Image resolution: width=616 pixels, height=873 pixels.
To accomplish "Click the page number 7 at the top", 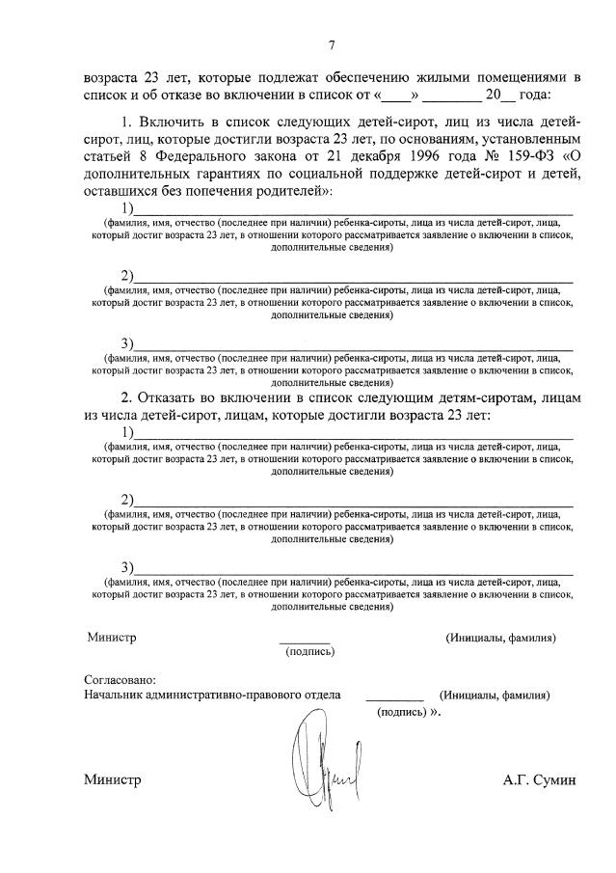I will (x=331, y=45).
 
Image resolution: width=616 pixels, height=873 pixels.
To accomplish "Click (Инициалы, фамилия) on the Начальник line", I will (x=495, y=696).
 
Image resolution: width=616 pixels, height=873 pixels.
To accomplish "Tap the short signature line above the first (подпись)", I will (x=305, y=641).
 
